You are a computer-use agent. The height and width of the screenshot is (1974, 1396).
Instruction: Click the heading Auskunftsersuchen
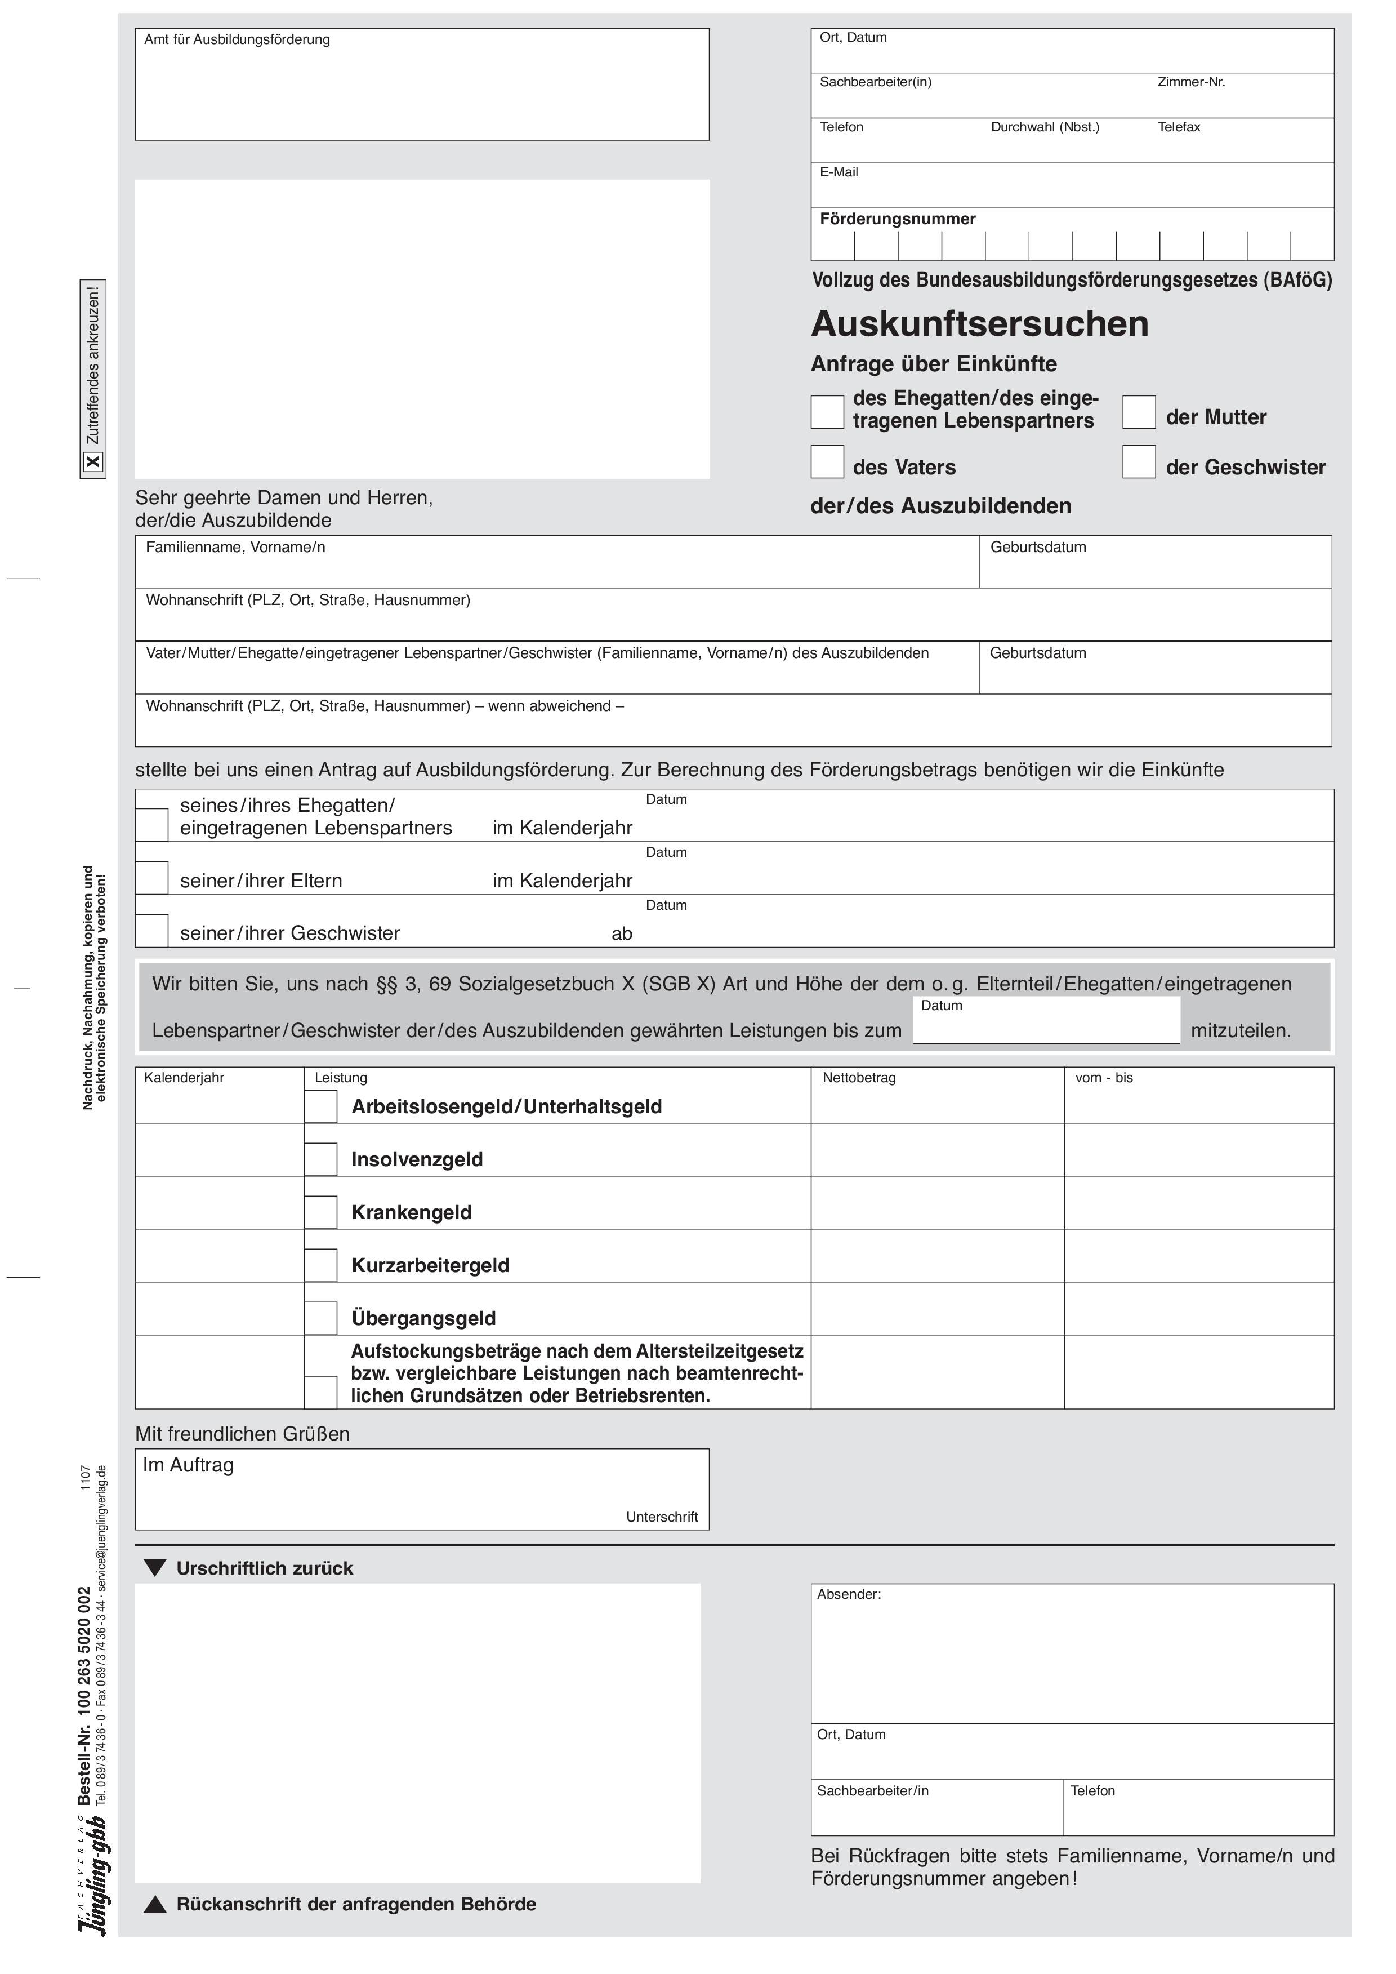click(979, 324)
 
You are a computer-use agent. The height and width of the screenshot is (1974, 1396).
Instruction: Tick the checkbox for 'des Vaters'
click(827, 462)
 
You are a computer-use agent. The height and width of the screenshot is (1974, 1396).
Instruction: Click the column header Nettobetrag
click(859, 1078)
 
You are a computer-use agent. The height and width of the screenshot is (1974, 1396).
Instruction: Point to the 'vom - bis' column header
click(1104, 1078)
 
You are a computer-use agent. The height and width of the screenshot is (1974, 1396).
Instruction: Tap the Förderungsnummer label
click(898, 219)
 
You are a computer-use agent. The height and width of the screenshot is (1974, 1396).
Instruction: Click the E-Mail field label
click(839, 172)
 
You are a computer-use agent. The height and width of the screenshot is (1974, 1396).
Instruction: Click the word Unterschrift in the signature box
click(662, 1518)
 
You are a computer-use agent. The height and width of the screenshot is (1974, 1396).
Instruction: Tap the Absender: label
click(849, 1595)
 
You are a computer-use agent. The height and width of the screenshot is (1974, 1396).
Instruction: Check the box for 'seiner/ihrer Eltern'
click(152, 879)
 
